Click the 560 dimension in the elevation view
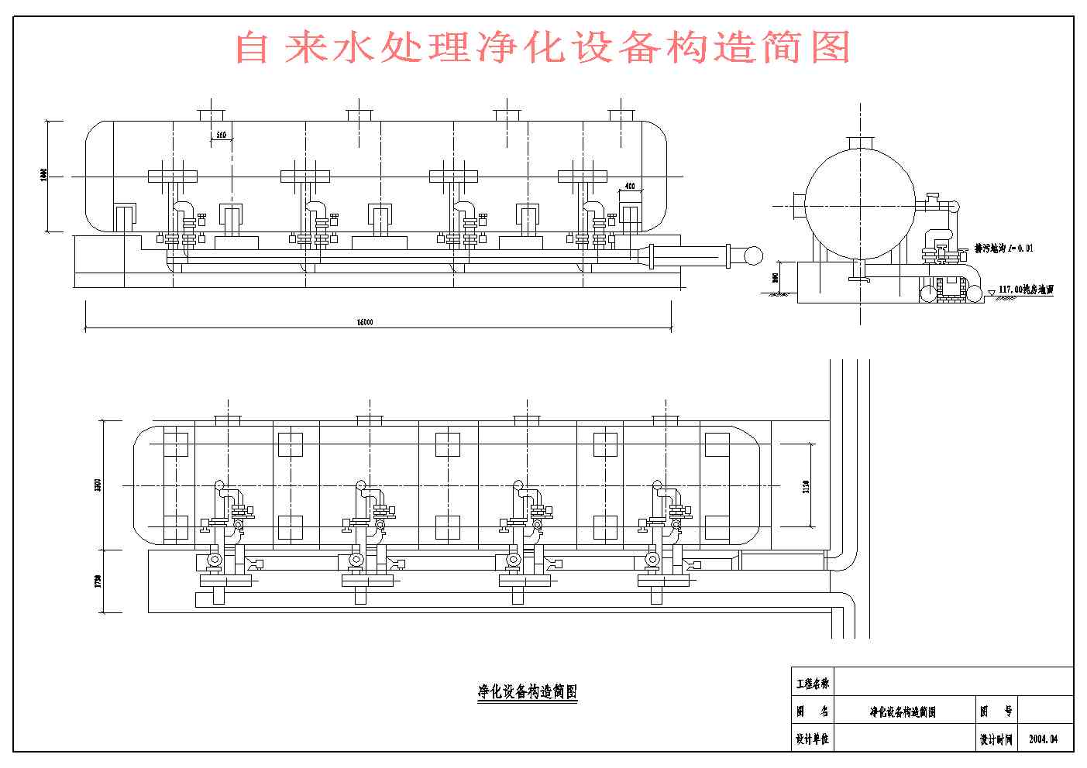pyautogui.click(x=221, y=135)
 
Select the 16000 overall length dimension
pyautogui.click(x=364, y=322)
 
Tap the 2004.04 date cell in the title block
pyautogui.click(x=1043, y=739)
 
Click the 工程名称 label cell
pyautogui.click(x=812, y=684)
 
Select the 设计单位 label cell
pyautogui.click(x=812, y=739)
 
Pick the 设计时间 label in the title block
pyautogui.click(x=996, y=739)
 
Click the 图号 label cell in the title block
pyautogui.click(x=996, y=711)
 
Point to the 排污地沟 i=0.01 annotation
pyautogui.click(x=1003, y=249)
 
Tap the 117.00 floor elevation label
pyautogui.click(x=1026, y=290)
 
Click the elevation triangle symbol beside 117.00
pyautogui.click(x=992, y=292)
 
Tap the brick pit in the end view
pyautogui.click(x=949, y=287)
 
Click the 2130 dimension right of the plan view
pyautogui.click(x=807, y=486)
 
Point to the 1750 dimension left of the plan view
pyautogui.click(x=98, y=581)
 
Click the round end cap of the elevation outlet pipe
pyautogui.click(x=752, y=255)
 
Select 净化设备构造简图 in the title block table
pyautogui.click(x=903, y=711)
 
